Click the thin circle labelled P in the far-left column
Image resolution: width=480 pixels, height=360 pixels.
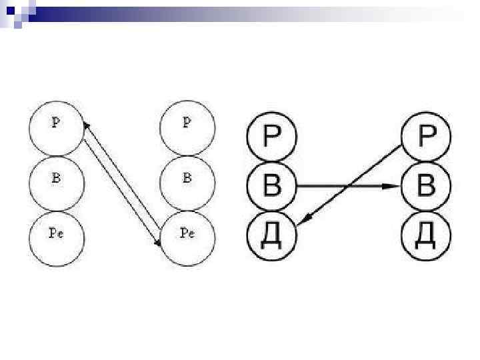tap(57, 127)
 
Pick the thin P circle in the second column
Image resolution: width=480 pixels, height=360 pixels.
tap(189, 127)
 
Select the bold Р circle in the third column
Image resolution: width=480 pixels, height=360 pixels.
tap(271, 138)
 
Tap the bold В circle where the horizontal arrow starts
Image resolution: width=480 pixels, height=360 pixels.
tap(271, 186)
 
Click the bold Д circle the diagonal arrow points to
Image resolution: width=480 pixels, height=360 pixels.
tap(271, 235)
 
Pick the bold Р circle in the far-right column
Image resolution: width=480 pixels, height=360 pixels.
tap(427, 138)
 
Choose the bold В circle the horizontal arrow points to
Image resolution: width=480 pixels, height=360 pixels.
tap(427, 186)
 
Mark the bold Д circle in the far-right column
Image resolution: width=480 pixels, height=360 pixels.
tap(427, 235)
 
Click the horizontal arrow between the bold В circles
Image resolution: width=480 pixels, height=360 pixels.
tap(333, 186)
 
